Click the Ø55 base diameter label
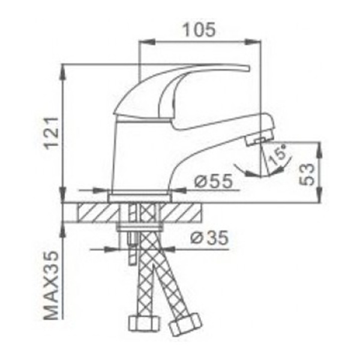214,181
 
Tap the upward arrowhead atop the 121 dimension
64,69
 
